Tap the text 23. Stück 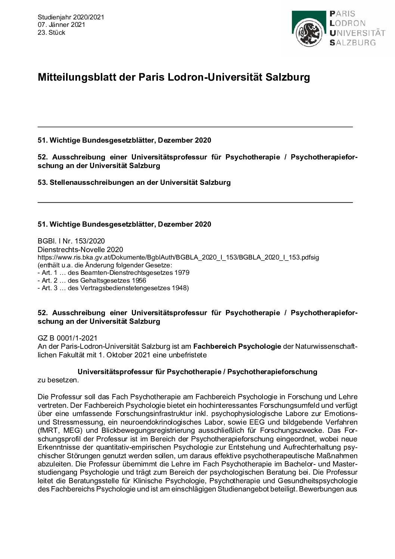[x=52, y=32]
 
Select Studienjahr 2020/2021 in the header [x=71, y=17]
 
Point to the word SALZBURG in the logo [x=352, y=43]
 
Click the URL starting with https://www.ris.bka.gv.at [x=178, y=257]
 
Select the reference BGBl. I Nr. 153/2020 [x=71, y=241]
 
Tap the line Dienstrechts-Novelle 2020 [x=80, y=249]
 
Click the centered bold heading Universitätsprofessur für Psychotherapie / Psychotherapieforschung [x=197, y=372]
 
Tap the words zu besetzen [x=58, y=380]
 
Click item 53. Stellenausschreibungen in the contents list [x=134, y=183]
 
